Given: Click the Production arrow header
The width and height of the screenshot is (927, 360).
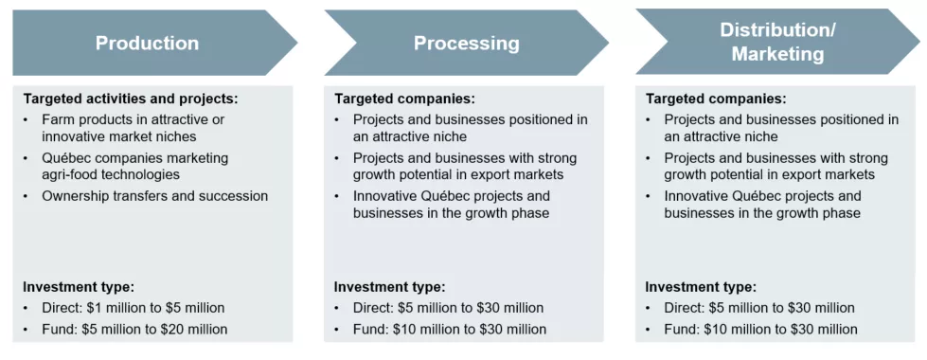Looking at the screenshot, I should tap(147, 43).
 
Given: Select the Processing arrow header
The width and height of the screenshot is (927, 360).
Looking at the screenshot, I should tap(466, 43).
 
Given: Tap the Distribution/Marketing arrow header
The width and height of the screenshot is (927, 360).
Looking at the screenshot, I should tap(776, 43).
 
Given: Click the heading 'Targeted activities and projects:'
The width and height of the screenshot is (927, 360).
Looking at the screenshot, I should tap(131, 99).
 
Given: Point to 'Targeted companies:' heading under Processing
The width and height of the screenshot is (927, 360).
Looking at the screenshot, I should tap(404, 99).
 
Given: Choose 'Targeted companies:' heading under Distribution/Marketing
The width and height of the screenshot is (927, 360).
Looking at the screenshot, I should tap(715, 99).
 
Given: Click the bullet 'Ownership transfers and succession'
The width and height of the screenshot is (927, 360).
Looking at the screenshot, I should tap(154, 196).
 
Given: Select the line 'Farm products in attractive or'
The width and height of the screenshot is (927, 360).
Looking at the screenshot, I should tap(134, 119).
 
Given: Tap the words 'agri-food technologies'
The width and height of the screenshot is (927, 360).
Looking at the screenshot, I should tap(111, 174).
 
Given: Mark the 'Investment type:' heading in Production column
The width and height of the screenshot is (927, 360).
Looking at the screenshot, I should tap(79, 287).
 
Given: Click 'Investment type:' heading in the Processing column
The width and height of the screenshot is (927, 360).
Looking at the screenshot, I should tap(389, 287).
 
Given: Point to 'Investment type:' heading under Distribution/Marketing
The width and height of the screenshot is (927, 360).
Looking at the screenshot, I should tap(701, 287).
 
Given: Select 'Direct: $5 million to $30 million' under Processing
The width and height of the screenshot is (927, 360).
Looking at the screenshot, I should tap(448, 308).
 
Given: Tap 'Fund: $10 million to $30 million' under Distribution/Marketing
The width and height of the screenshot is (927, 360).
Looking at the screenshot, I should tap(760, 330).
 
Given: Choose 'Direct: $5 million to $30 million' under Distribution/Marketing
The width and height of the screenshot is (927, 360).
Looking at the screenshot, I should tap(759, 308).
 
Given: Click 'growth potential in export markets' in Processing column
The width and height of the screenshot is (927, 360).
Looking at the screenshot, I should tap(458, 174).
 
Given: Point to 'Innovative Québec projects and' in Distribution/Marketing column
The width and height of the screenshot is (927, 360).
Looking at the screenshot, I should tap(763, 196).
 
